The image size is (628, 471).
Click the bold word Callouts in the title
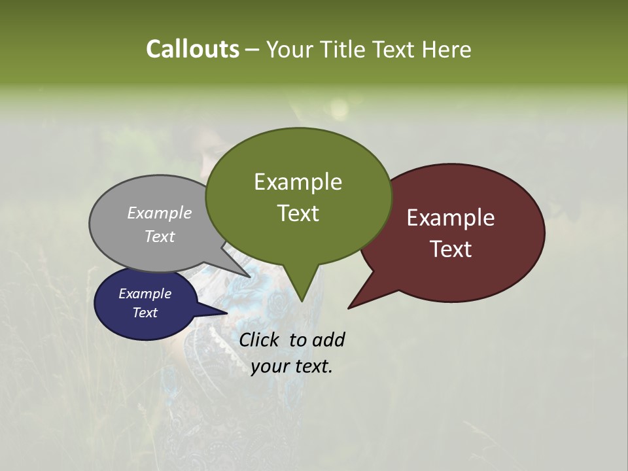click(x=192, y=49)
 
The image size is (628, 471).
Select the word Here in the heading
click(x=447, y=49)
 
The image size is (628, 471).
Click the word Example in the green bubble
click(x=298, y=182)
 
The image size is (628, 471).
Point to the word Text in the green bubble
click(x=298, y=213)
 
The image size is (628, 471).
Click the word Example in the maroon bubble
click(x=451, y=218)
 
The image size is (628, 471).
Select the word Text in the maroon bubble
click(x=451, y=249)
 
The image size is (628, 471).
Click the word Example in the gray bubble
click(x=160, y=213)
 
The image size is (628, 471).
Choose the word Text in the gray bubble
click(x=160, y=236)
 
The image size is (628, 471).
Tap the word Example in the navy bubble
click(x=145, y=294)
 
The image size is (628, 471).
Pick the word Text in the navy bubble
click(x=145, y=313)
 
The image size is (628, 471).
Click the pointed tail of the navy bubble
click(x=222, y=312)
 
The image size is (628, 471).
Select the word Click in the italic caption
click(x=260, y=340)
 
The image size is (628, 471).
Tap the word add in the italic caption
click(x=328, y=340)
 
